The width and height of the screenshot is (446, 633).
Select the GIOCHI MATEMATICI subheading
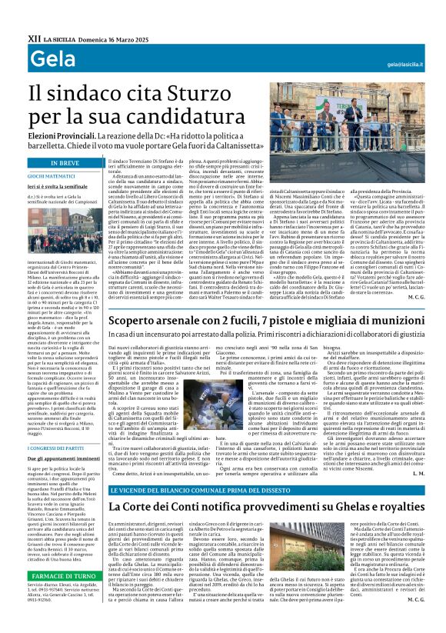tap(55, 176)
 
